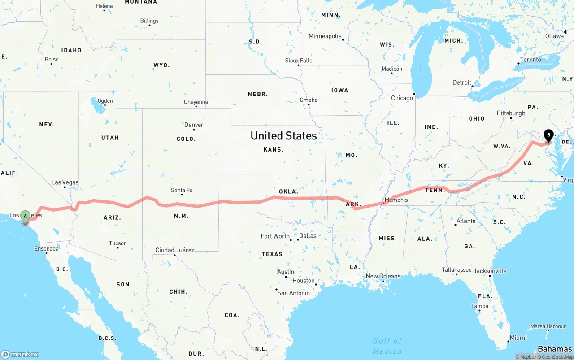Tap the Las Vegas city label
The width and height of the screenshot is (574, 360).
point(65,182)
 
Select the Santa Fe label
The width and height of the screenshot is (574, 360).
point(182,190)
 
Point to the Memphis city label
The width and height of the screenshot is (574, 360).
point(396,200)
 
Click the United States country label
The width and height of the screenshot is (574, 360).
point(283,136)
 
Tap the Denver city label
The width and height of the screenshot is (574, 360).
point(194,125)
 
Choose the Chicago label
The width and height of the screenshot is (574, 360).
point(402,98)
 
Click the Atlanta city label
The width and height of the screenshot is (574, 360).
point(466,221)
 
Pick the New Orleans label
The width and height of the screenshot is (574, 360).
point(383,276)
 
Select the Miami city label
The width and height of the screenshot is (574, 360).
point(518,338)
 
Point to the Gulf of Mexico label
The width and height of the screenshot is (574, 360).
point(387,346)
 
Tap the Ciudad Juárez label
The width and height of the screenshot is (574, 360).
point(174,250)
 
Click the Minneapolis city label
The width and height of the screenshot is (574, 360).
point(325,36)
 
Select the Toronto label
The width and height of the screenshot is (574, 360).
point(531,60)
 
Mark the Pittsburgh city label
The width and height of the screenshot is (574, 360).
point(511,113)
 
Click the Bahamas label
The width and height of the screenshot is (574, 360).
point(555,349)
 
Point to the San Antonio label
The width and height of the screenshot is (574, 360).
point(293,293)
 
